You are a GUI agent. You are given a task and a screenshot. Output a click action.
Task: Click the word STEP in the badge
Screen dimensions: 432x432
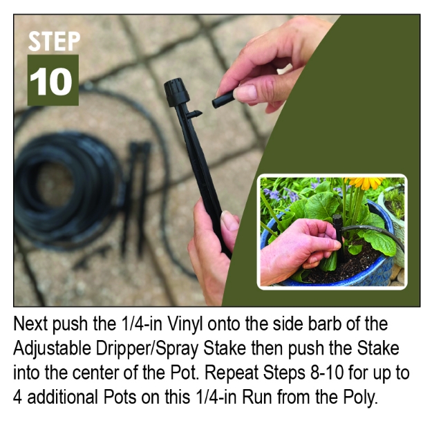tap(53, 41)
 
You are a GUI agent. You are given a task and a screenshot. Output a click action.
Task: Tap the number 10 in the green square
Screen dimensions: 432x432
tap(53, 81)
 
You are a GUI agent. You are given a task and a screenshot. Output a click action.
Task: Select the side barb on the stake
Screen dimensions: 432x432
tap(195, 113)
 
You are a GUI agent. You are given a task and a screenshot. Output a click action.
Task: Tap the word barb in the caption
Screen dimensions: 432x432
tap(323, 324)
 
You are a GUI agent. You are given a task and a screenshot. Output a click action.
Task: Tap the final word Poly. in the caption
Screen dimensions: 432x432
tap(362, 399)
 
